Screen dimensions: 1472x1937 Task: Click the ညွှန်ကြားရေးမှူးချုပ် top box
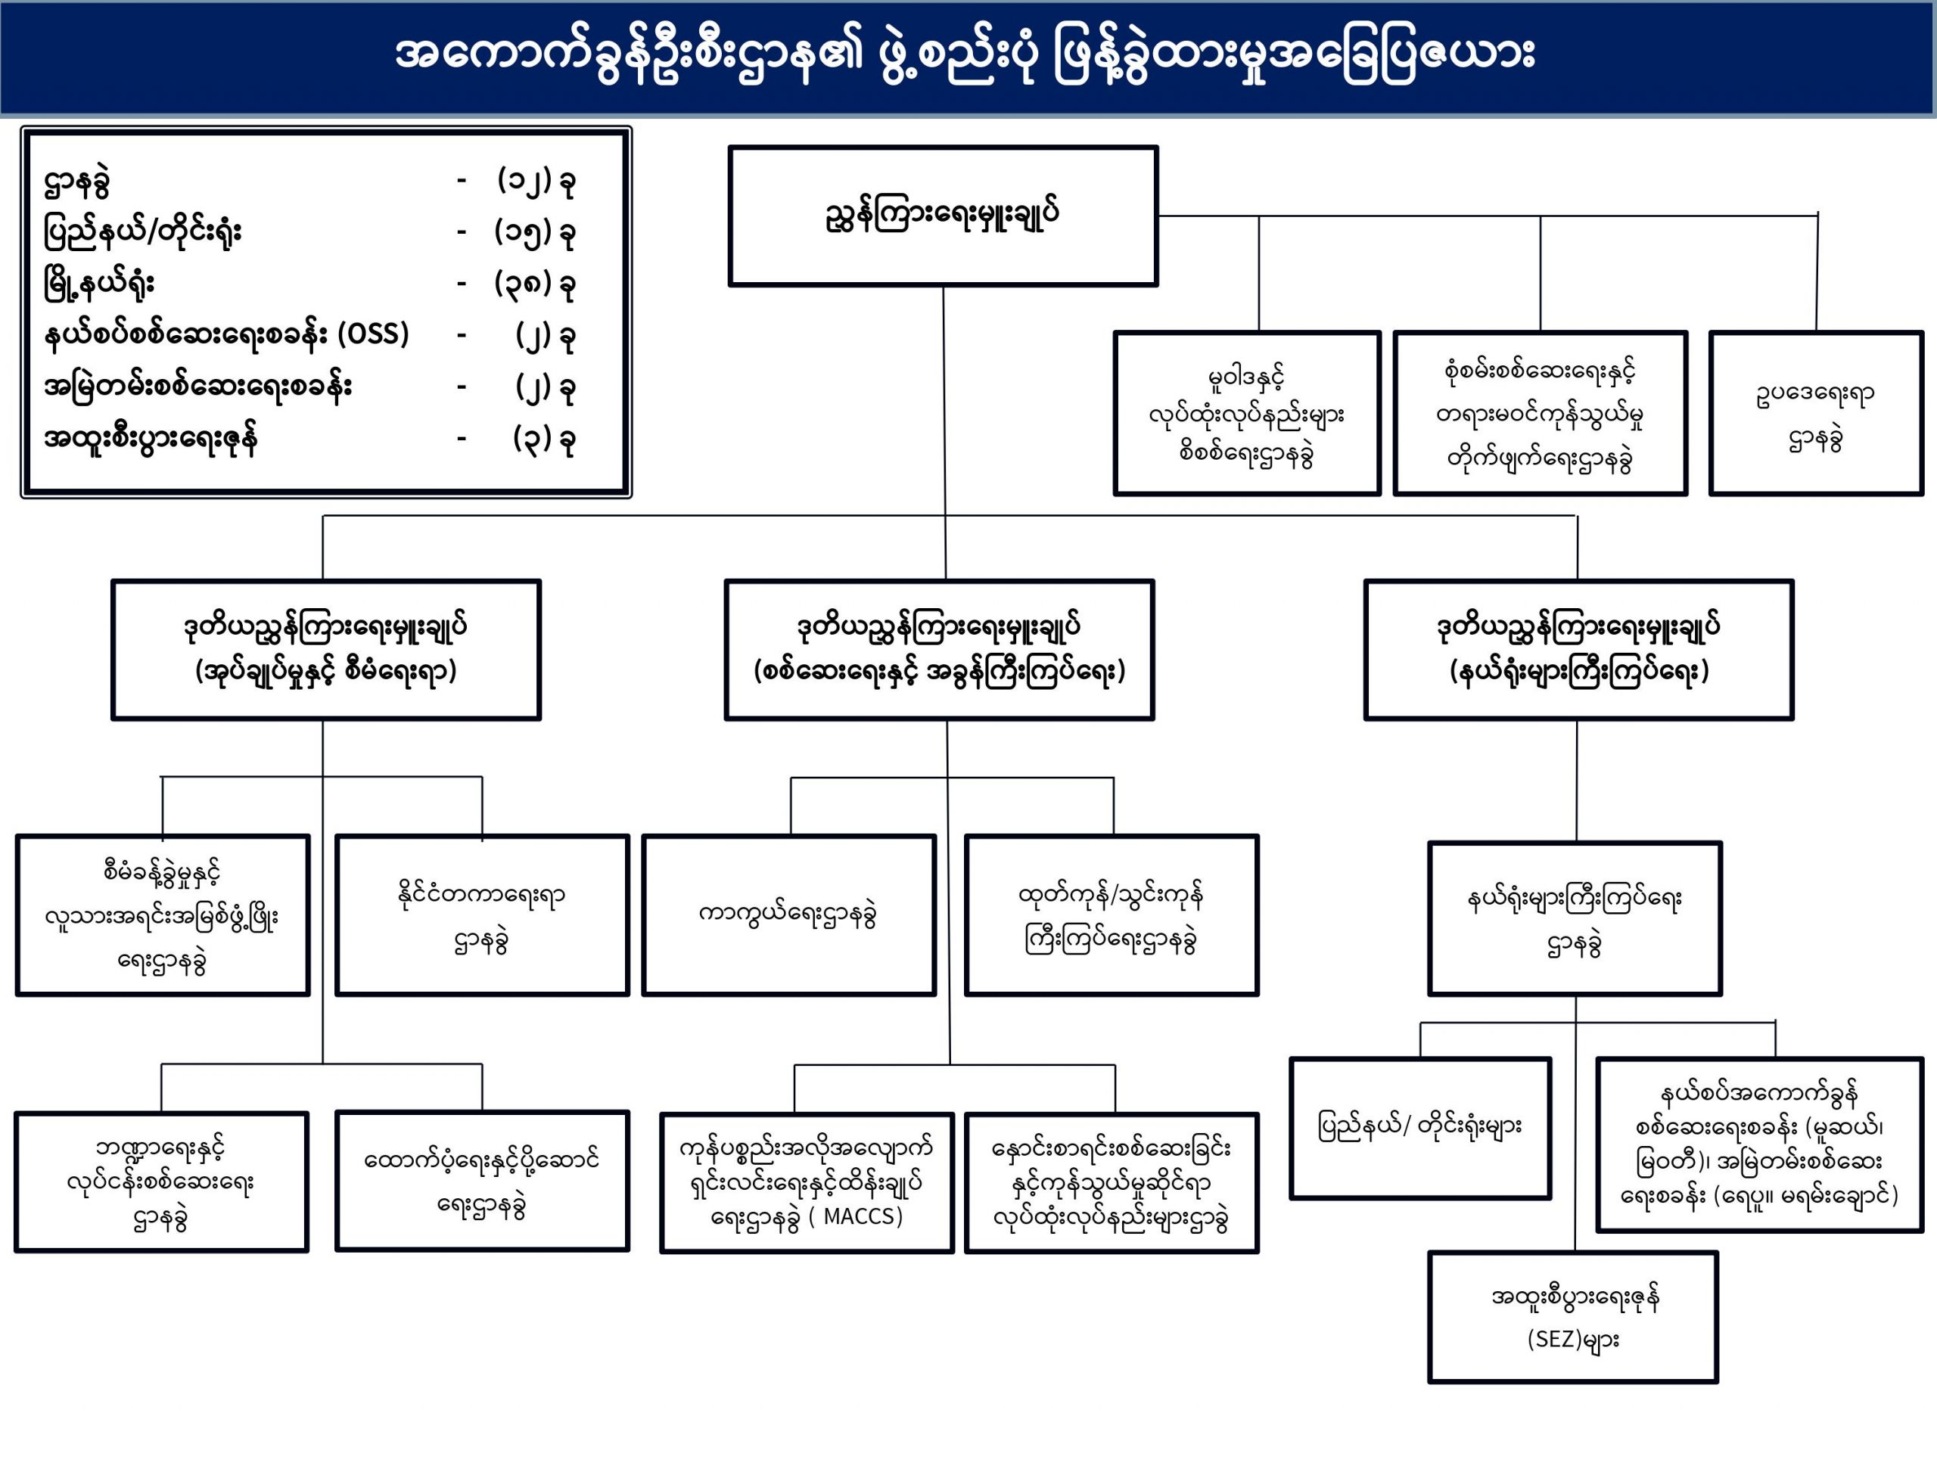[x=942, y=216]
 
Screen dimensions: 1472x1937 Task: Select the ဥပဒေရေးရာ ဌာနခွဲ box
[x=1815, y=414]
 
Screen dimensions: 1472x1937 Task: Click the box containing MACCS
[x=807, y=1182]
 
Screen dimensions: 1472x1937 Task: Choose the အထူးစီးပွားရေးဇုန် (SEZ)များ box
[x=1572, y=1317]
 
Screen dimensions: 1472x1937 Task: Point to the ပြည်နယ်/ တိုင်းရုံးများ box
[x=1420, y=1128]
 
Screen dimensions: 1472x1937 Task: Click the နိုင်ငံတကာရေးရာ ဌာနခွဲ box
[x=481, y=915]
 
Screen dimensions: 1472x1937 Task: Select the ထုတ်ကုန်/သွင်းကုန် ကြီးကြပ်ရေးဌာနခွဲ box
[x=1111, y=915]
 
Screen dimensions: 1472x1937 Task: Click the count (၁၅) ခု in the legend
[x=535, y=232]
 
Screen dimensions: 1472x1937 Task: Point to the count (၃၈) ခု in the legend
[x=535, y=283]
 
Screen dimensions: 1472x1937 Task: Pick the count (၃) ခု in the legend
[x=543, y=437]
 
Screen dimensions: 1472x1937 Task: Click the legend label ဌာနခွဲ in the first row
[x=77, y=182]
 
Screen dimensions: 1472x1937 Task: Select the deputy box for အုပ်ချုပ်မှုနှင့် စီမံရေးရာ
[x=325, y=649]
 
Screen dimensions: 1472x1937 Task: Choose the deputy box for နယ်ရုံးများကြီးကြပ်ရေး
[x=1578, y=649]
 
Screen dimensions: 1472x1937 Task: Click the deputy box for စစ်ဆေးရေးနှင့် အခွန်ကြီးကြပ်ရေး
[x=939, y=649]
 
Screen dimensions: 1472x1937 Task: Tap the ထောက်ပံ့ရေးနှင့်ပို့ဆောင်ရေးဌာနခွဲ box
[x=481, y=1181]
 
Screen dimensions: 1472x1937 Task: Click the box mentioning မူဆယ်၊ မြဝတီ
[x=1759, y=1144]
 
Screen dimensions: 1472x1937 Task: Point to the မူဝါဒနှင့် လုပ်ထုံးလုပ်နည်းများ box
[x=1246, y=414]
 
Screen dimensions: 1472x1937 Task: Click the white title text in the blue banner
[x=964, y=54]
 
